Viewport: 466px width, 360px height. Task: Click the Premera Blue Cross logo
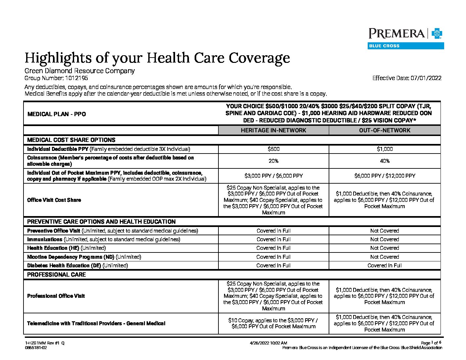coord(406,38)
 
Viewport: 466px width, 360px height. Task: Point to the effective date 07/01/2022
coord(426,78)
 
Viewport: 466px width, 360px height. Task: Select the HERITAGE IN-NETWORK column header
coord(273,130)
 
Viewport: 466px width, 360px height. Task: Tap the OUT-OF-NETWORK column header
coord(385,130)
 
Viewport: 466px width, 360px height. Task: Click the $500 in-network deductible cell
coord(273,149)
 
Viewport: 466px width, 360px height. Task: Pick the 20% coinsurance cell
coord(273,161)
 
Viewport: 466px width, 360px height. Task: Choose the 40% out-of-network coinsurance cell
coord(385,161)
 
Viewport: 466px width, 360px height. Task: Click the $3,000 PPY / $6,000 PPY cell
coord(273,176)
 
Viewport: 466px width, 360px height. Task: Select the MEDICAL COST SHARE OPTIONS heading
coord(71,140)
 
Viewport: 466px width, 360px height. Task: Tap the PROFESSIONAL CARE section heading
coord(56,275)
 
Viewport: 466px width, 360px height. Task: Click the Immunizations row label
coord(45,239)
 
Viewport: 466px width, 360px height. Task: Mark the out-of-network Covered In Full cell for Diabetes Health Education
coord(385,265)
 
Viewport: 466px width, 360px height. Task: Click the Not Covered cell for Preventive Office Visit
coord(385,231)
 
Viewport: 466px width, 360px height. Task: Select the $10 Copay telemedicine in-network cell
coord(273,323)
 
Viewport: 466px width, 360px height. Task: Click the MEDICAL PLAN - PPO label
coord(57,114)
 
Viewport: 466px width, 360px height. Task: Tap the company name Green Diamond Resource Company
coord(79,71)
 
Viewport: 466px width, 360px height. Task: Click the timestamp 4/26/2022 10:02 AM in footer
coord(268,343)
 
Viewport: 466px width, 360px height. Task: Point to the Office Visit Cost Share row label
coord(54,200)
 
